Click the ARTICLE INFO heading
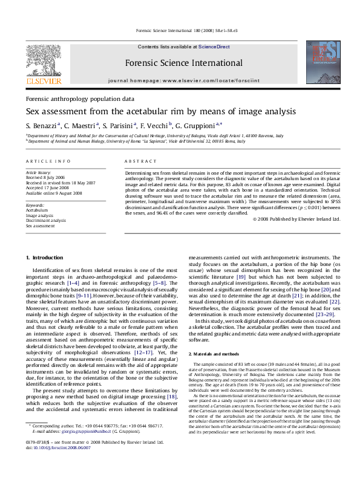pyautogui.click(x=44, y=161)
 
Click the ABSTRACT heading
pyautogui.click(x=137, y=161)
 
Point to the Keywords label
pyautogui.click(x=35, y=206)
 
